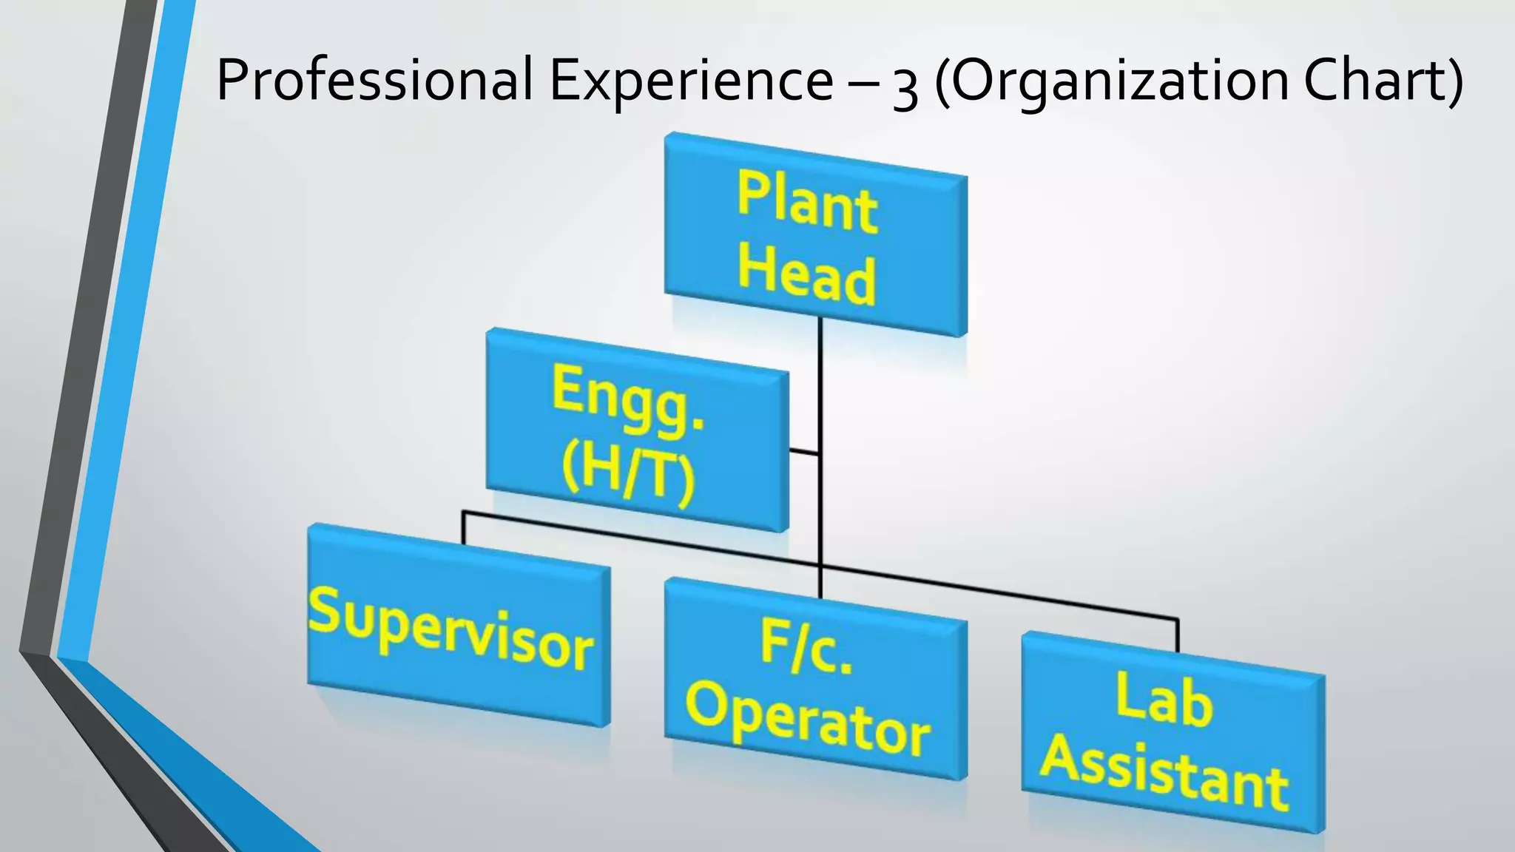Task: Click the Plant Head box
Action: click(815, 234)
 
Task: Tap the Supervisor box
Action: click(459, 625)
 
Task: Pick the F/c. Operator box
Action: click(815, 678)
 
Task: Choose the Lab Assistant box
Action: click(1172, 732)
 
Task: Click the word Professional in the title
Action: click(374, 80)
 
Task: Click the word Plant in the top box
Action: click(807, 201)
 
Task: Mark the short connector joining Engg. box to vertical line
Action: click(804, 450)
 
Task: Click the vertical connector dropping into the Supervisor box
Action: click(464, 527)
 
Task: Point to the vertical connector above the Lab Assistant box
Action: click(1177, 635)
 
